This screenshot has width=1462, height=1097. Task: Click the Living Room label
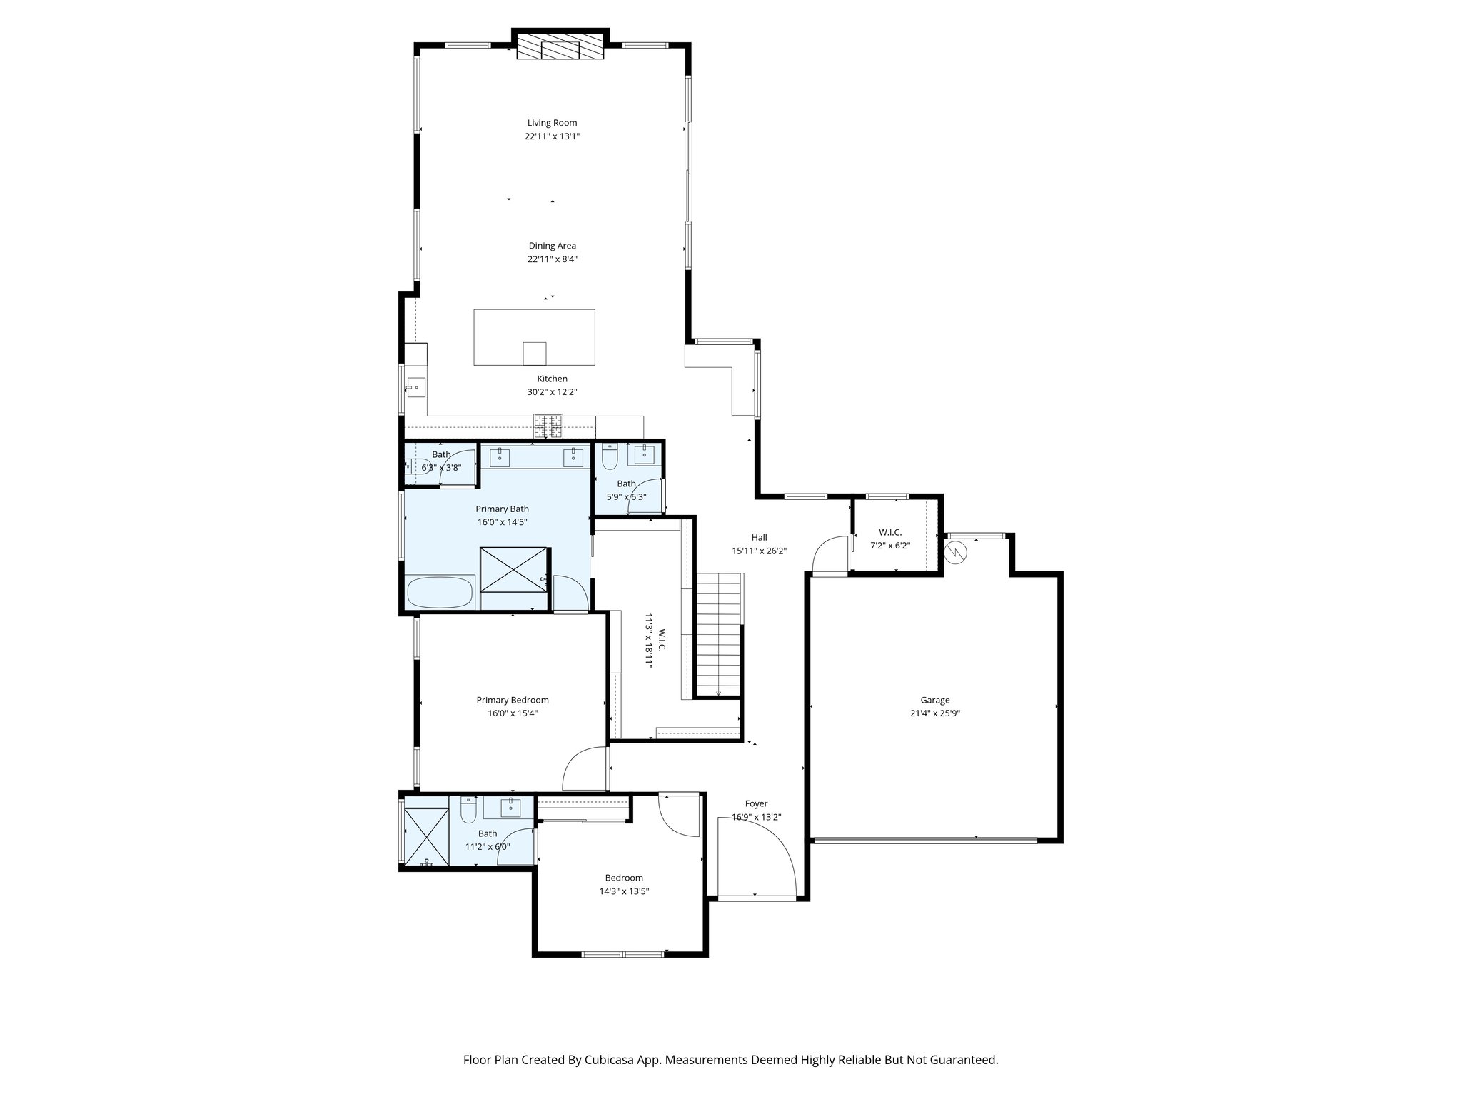(x=552, y=123)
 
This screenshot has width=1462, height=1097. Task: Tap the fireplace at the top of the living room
(x=560, y=49)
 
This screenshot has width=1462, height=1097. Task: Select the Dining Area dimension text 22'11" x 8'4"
(x=552, y=259)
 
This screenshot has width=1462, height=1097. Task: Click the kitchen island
(x=534, y=336)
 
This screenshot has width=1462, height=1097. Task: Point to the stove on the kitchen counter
(x=548, y=426)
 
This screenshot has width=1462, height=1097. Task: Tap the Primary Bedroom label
(x=513, y=700)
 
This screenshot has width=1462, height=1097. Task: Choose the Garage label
(x=934, y=700)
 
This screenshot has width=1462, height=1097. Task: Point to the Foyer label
(x=756, y=803)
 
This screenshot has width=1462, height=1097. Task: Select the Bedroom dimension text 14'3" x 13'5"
(x=624, y=891)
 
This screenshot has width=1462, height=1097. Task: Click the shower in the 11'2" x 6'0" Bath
(x=426, y=836)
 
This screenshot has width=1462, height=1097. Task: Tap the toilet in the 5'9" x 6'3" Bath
(x=610, y=456)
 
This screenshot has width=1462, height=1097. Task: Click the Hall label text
(x=759, y=537)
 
